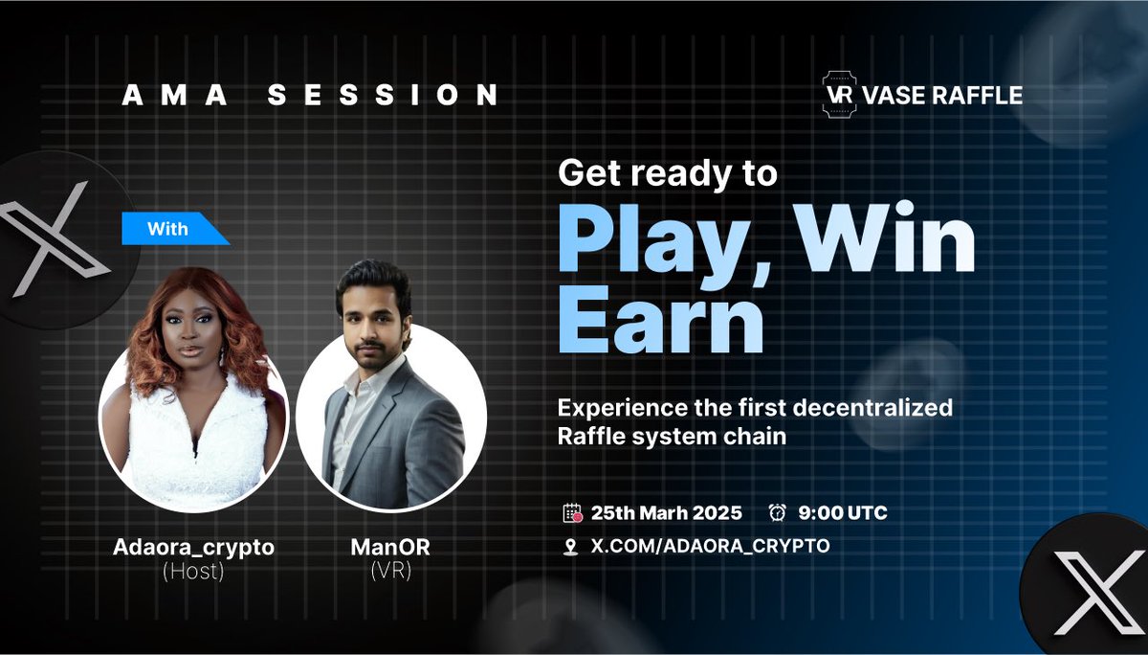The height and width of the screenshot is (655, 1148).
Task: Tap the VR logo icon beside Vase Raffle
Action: (839, 95)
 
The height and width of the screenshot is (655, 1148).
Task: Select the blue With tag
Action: (169, 229)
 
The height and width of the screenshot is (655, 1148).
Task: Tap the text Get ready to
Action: (668, 173)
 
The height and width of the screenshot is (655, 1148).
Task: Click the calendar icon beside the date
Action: (572, 513)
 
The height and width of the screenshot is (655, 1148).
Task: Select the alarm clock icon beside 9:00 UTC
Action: (777, 513)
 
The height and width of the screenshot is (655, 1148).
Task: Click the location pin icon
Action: (571, 547)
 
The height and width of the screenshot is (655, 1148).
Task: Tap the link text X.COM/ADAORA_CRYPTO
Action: (711, 546)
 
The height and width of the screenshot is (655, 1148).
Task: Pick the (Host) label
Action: (193, 573)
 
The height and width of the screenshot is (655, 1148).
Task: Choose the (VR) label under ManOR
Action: (389, 573)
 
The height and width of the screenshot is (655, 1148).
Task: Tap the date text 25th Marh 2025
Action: (668, 513)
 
